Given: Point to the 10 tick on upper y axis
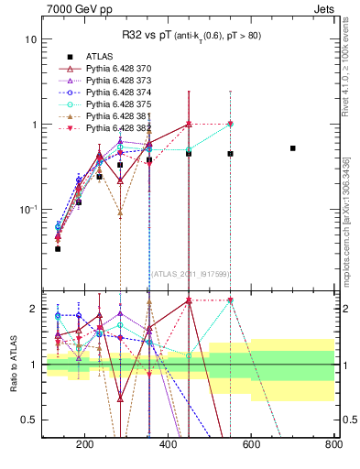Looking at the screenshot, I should tap(31, 39).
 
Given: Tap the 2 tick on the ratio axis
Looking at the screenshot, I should tap(33, 309).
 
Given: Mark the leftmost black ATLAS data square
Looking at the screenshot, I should tap(58, 248).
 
